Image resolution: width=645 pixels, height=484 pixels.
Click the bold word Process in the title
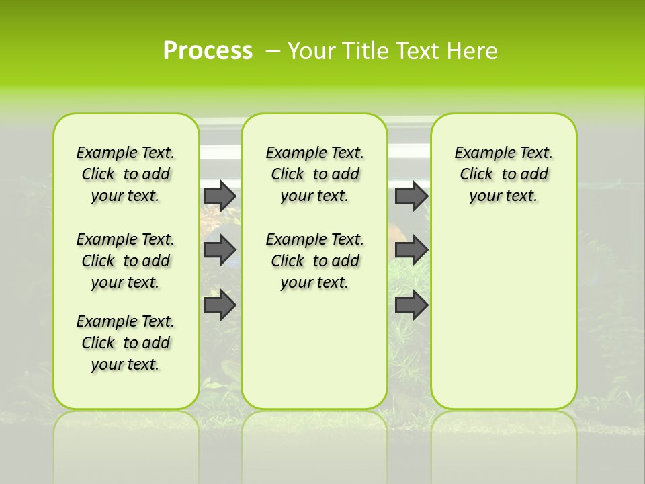pos(208,51)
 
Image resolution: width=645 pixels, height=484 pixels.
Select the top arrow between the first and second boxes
pos(220,196)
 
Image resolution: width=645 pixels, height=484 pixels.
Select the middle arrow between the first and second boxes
pos(220,250)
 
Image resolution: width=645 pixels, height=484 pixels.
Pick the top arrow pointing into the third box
pos(411,196)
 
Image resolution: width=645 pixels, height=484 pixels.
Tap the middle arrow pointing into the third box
pos(411,250)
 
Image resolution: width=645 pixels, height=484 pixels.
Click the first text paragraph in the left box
pos(126,174)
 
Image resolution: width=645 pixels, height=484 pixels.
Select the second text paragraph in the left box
pos(126,261)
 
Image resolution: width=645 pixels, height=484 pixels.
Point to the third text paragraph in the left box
pos(126,343)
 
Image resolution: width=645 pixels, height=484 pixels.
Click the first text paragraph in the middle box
pos(314,174)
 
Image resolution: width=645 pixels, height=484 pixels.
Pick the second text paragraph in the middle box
pos(314,261)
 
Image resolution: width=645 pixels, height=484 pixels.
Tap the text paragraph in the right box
pos(503,174)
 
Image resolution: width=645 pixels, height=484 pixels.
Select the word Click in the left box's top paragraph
pos(98,175)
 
